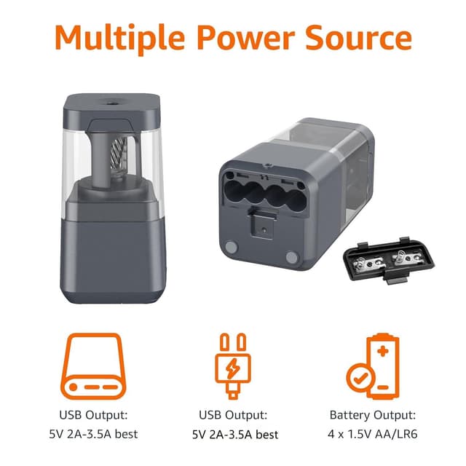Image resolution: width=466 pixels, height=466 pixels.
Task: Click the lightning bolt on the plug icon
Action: (x=233, y=370)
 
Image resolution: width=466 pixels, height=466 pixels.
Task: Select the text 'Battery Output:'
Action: (x=372, y=415)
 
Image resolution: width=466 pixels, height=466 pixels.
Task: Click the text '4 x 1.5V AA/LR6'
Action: (x=372, y=435)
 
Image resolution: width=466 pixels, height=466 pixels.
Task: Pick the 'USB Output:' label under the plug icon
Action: (x=233, y=415)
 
